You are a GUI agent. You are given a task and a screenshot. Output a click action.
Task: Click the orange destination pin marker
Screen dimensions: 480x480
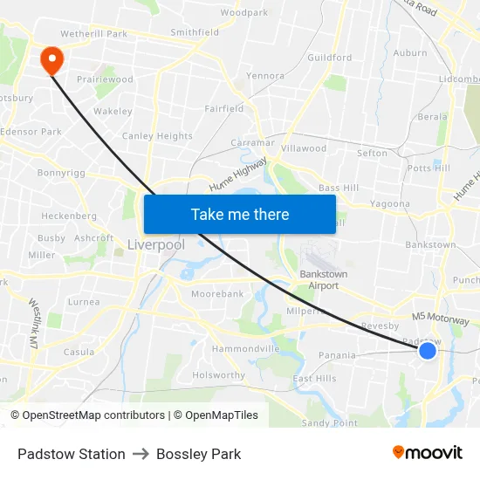[x=51, y=58]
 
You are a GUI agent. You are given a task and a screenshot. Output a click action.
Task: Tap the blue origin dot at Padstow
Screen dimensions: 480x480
[x=427, y=350]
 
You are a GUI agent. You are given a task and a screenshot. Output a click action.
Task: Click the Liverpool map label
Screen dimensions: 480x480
[x=156, y=245]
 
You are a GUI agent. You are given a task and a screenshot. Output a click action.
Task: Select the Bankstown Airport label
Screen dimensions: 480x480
[x=323, y=279]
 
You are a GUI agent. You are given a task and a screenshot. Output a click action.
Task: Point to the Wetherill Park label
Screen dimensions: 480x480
[x=94, y=33]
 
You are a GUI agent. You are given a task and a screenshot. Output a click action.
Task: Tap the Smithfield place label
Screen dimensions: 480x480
[x=195, y=32]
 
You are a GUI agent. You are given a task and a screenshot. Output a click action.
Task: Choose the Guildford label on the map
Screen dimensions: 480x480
[x=329, y=58]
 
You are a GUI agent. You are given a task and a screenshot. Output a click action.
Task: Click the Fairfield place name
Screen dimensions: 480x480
[x=224, y=109]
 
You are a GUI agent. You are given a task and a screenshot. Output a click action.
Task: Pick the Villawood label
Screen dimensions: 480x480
[x=303, y=148]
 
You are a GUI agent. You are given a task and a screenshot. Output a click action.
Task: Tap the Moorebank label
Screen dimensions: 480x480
[x=217, y=294]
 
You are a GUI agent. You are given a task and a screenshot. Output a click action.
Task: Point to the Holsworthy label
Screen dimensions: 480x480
[x=219, y=376]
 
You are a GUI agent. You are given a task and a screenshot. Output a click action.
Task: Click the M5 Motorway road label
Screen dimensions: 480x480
[x=441, y=319]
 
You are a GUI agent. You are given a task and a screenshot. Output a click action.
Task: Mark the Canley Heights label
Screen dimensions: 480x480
[x=157, y=136]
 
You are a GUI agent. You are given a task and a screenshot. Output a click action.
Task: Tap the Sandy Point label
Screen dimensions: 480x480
[x=329, y=422]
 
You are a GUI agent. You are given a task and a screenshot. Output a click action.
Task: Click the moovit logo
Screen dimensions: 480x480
[x=427, y=453]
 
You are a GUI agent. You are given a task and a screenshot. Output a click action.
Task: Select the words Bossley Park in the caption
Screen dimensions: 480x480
[x=199, y=454]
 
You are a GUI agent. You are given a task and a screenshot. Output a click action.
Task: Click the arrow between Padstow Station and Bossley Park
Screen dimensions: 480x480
[x=141, y=454]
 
